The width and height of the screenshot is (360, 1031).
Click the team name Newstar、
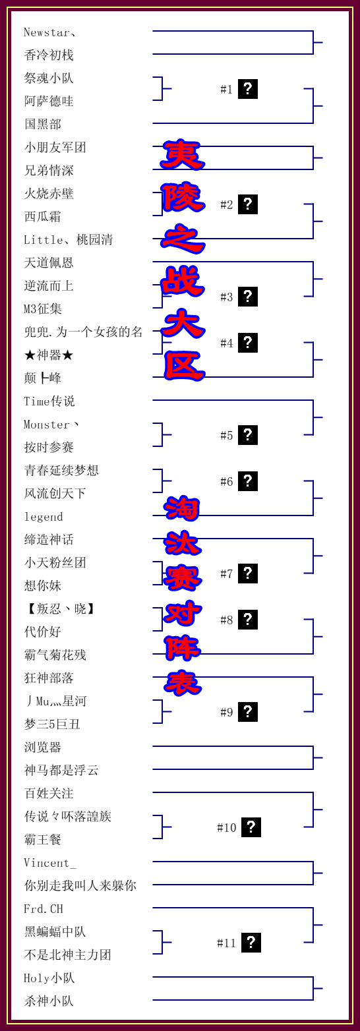49,33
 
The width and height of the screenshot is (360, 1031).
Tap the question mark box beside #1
248,89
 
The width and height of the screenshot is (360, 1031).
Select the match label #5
227,436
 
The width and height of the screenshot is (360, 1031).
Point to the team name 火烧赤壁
49,194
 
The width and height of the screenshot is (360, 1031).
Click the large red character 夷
182,155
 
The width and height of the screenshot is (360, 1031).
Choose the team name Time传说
49,401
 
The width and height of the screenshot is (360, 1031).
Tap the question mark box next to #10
251,827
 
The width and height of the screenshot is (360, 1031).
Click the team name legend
44,517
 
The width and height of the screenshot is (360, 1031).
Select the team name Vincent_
49,862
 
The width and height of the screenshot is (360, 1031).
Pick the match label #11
227,943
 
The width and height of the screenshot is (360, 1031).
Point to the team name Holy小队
49,978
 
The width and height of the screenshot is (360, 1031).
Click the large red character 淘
182,508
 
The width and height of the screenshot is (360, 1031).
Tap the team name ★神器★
49,355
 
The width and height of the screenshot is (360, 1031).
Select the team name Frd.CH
44,908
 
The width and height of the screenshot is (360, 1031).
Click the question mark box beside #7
248,574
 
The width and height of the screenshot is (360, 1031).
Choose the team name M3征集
43,309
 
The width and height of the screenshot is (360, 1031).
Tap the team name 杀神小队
49,1001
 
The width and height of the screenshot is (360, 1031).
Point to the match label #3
227,297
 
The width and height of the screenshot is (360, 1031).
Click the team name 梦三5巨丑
52,724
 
